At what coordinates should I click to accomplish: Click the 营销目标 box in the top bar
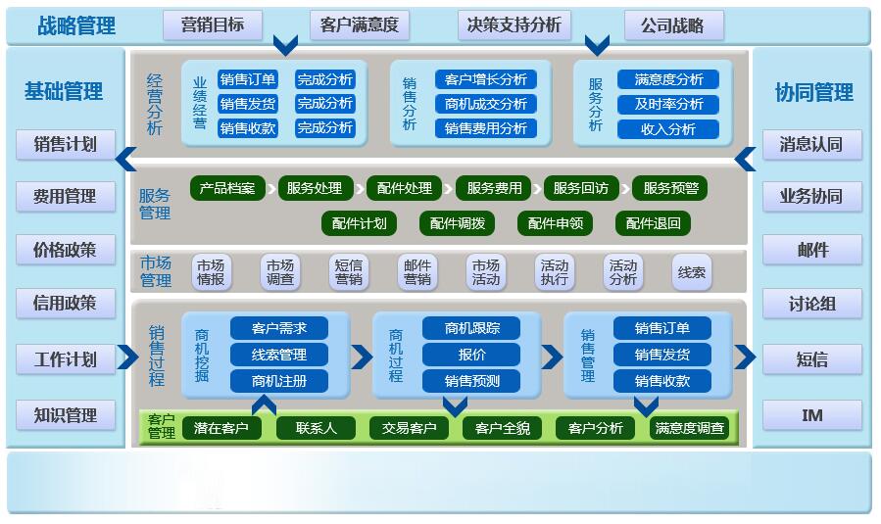pos(213,25)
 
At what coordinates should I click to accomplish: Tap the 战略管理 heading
pos(76,26)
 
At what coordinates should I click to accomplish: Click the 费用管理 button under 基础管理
pos(65,196)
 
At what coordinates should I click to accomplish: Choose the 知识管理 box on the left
pos(65,415)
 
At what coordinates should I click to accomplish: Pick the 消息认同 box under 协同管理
pos(811,144)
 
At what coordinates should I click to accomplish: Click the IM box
pos(811,415)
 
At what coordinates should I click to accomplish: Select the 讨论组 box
pos(811,304)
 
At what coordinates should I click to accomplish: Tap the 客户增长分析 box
pos(485,79)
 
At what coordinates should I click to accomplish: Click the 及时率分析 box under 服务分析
pos(668,104)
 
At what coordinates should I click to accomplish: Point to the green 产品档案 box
pos(226,188)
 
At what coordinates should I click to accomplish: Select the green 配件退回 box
pos(653,223)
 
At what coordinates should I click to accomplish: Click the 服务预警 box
pos(671,188)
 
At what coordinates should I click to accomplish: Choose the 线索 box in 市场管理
pos(692,272)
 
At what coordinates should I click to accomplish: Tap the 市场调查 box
pos(279,272)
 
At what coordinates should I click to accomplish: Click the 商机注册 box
pos(278,380)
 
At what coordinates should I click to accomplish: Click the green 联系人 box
pos(316,428)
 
